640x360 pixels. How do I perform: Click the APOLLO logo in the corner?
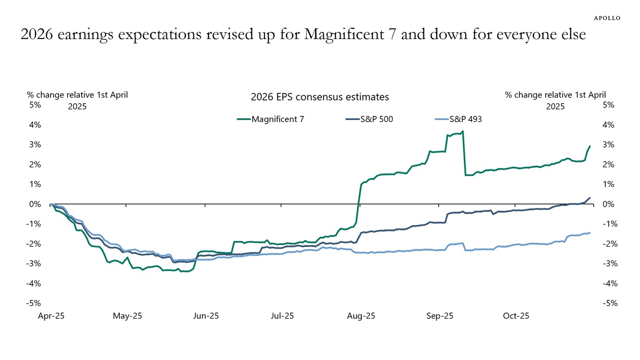click(607, 18)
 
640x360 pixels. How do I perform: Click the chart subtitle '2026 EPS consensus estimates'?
click(320, 97)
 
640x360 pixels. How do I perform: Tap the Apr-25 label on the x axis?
click(51, 316)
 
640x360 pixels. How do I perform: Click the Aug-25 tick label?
click(361, 316)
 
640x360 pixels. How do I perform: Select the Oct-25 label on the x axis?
click(516, 316)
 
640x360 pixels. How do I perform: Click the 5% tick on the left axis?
click(35, 105)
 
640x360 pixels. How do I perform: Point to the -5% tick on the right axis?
click(608, 303)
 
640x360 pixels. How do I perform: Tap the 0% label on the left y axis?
click(35, 204)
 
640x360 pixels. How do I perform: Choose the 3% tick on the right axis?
click(608, 145)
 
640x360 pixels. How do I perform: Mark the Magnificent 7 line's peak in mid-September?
click(462, 131)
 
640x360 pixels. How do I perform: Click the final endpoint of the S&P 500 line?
click(589, 198)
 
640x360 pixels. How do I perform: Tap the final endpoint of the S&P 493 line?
click(589, 232)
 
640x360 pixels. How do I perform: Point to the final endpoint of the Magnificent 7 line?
click(589, 146)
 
